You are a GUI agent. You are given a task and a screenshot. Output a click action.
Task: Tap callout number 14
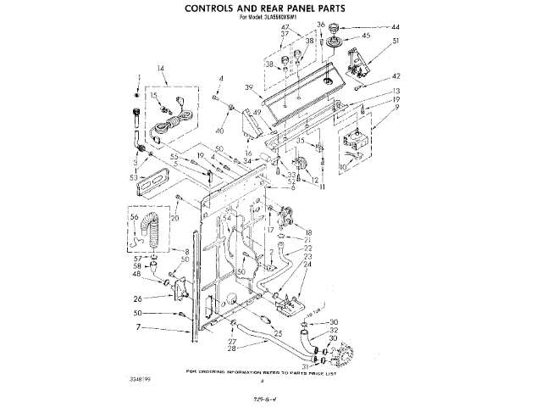pyautogui.click(x=160, y=68)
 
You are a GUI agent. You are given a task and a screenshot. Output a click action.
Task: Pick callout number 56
pyautogui.click(x=134, y=217)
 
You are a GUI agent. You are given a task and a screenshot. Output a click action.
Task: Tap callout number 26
pyautogui.click(x=137, y=298)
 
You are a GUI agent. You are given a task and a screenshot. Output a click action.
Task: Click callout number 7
pyautogui.click(x=138, y=327)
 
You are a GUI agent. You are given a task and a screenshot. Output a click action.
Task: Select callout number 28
pyautogui.click(x=230, y=348)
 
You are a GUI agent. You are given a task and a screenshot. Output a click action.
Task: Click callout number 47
pyautogui.click(x=284, y=29)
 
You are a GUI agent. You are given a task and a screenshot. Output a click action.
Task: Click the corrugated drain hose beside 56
pyautogui.click(x=154, y=231)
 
